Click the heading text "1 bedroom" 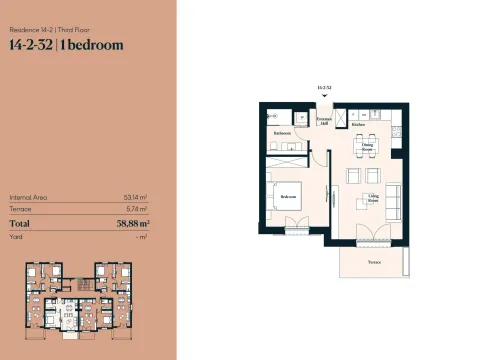(x=93, y=44)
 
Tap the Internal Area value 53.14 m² (x=135, y=197)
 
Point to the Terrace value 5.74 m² (x=136, y=209)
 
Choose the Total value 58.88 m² (x=130, y=224)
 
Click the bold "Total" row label (x=19, y=224)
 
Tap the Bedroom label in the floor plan (x=290, y=197)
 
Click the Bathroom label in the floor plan (x=282, y=132)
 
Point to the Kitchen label (x=357, y=126)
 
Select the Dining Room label (x=369, y=147)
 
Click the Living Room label (x=373, y=198)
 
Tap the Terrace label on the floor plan (x=374, y=262)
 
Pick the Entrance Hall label (x=323, y=120)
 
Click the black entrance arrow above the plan (x=323, y=96)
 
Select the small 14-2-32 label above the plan (x=323, y=88)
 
